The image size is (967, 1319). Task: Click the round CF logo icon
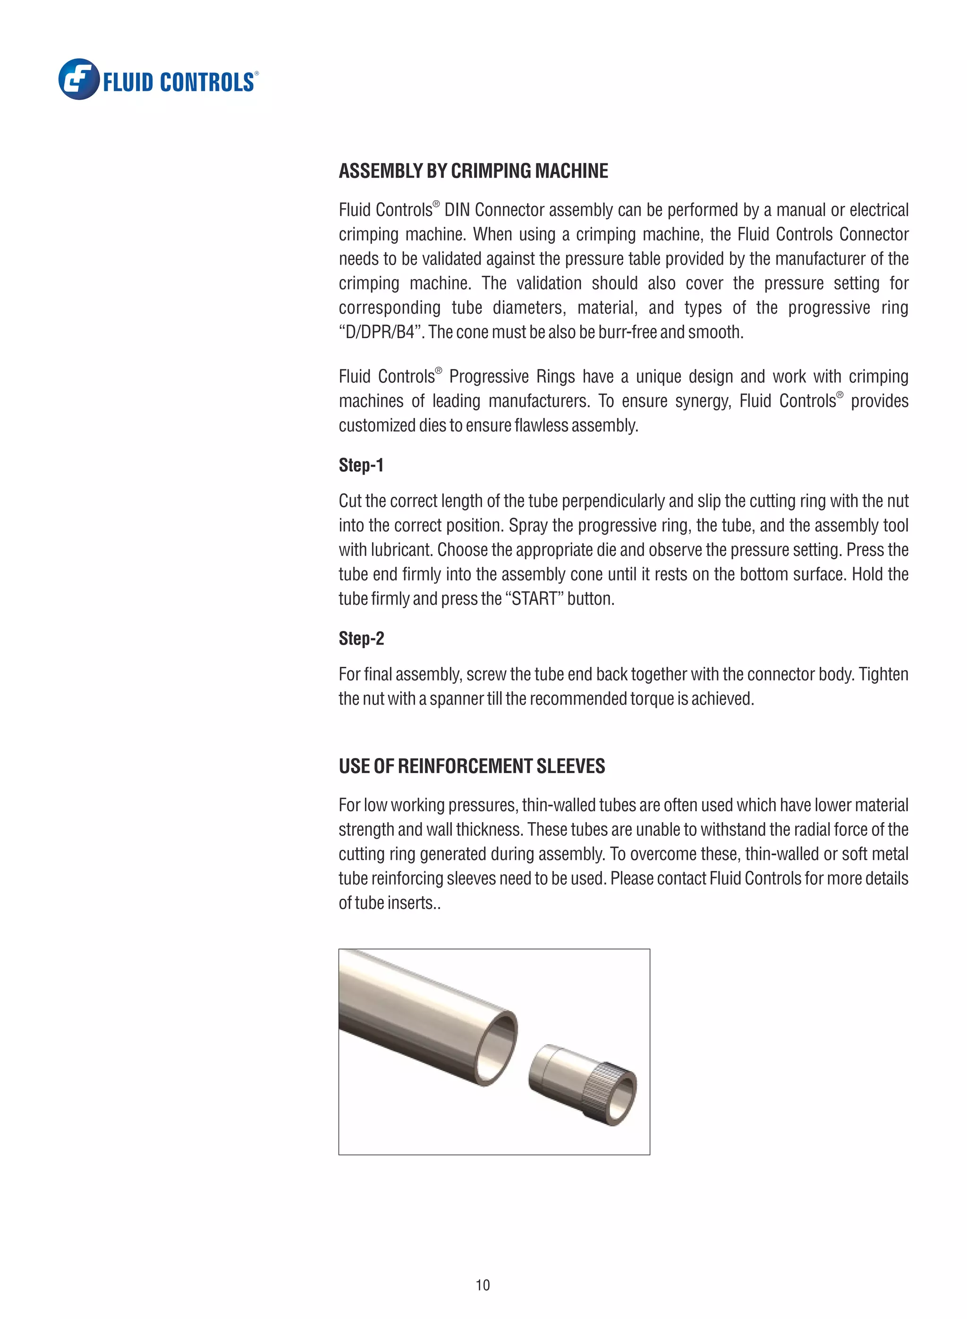[78, 79]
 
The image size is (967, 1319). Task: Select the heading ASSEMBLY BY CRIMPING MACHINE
[473, 171]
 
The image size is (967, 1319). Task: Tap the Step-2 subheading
[361, 638]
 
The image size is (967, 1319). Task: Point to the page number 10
[483, 1285]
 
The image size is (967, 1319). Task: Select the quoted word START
[534, 599]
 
